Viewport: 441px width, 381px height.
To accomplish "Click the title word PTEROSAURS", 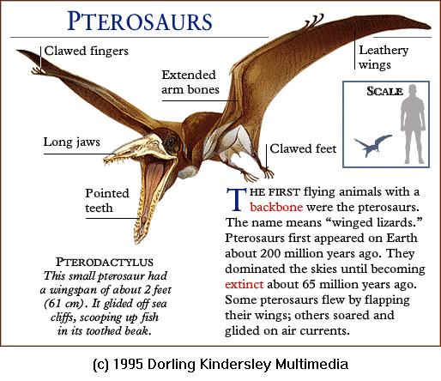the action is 140,21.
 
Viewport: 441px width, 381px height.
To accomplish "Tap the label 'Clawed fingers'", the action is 87,51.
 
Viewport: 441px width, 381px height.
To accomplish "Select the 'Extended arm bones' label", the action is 190,82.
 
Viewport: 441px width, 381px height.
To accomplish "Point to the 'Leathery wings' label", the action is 384,57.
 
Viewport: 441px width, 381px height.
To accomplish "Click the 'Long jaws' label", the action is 72,142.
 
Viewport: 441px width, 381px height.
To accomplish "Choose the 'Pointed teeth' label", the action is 107,201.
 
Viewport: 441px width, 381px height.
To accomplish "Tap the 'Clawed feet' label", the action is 303,148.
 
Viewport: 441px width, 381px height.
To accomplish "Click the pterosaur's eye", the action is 172,141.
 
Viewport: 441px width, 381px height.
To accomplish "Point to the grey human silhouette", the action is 412,124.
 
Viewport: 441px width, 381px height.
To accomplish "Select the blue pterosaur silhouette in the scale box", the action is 372,145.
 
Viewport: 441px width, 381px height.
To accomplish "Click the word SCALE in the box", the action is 384,91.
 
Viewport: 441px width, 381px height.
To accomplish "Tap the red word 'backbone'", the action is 276,207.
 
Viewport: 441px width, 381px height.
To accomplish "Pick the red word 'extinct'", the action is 244,285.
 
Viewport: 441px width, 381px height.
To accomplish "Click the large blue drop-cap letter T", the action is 236,199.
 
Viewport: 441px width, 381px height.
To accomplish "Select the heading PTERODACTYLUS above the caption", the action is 105,262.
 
